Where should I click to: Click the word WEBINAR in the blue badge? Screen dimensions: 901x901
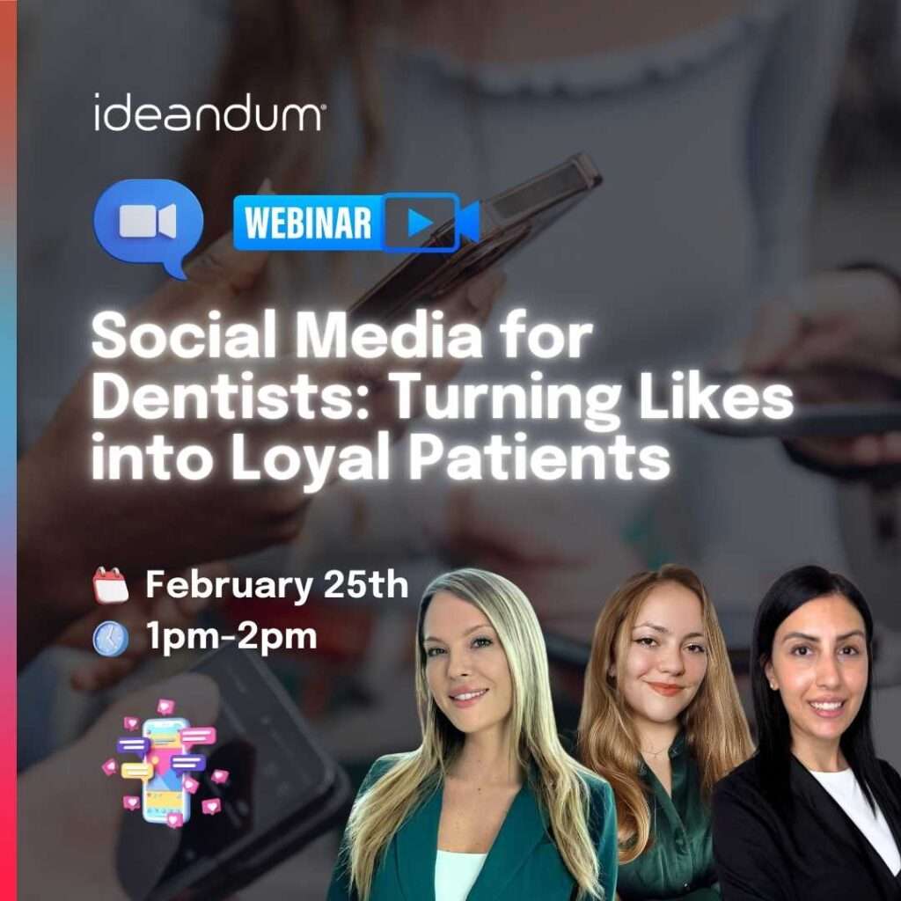click(x=308, y=223)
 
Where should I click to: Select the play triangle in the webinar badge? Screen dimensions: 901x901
click(x=419, y=223)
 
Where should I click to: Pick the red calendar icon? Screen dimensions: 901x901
click(x=111, y=585)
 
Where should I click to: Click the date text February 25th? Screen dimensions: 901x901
click(x=276, y=584)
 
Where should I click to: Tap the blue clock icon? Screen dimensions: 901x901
click(x=111, y=639)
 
